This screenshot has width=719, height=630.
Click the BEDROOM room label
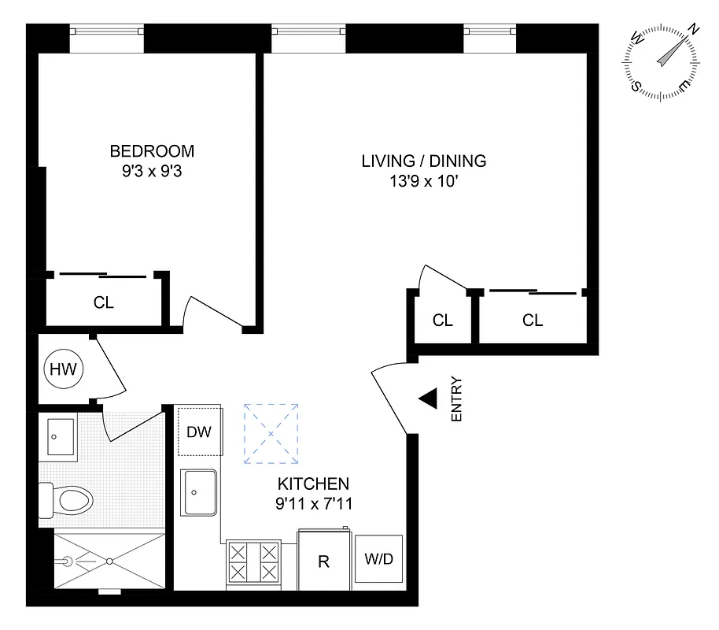coord(151,151)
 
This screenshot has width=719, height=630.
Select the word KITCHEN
coord(312,484)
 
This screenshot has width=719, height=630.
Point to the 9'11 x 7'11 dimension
coord(312,503)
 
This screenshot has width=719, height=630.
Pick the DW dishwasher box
coord(198,432)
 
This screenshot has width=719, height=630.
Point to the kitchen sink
coord(200,493)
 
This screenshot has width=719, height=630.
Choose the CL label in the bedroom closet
coord(104,302)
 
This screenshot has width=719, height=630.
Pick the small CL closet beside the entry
coord(442,321)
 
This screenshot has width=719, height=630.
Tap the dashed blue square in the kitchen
coord(271,433)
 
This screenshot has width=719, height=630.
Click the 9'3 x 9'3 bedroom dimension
coord(151,171)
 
